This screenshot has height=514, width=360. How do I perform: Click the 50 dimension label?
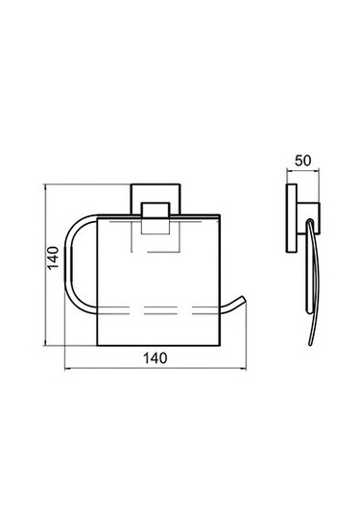[x=303, y=160]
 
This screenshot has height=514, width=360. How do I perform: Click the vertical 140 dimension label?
[x=54, y=257]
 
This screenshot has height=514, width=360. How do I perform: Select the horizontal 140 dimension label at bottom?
[x=156, y=358]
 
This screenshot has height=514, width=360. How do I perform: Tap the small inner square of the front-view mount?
[x=156, y=218]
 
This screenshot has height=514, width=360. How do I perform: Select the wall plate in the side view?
[x=292, y=218]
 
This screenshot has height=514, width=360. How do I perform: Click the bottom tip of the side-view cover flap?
[x=310, y=345]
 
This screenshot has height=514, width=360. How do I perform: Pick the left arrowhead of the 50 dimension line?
[x=288, y=170]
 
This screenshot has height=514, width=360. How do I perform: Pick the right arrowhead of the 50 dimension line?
[x=318, y=170]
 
